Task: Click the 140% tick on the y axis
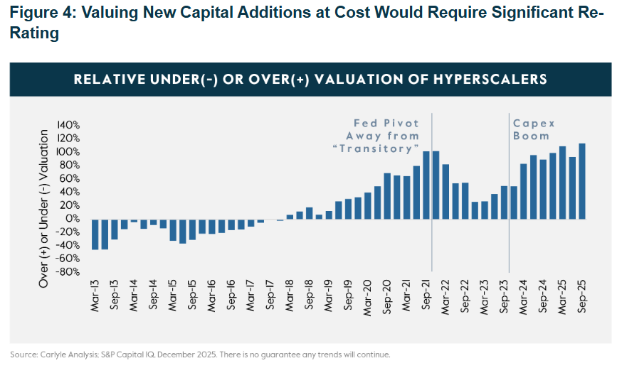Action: tap(69, 124)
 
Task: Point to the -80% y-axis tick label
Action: tap(69, 271)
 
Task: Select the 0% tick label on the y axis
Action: tap(73, 218)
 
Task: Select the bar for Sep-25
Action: tap(582, 181)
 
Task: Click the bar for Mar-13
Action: tap(95, 234)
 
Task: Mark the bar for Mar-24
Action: tap(524, 191)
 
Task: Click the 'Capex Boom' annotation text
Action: tap(532, 129)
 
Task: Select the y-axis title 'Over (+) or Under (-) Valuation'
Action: tap(44, 209)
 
